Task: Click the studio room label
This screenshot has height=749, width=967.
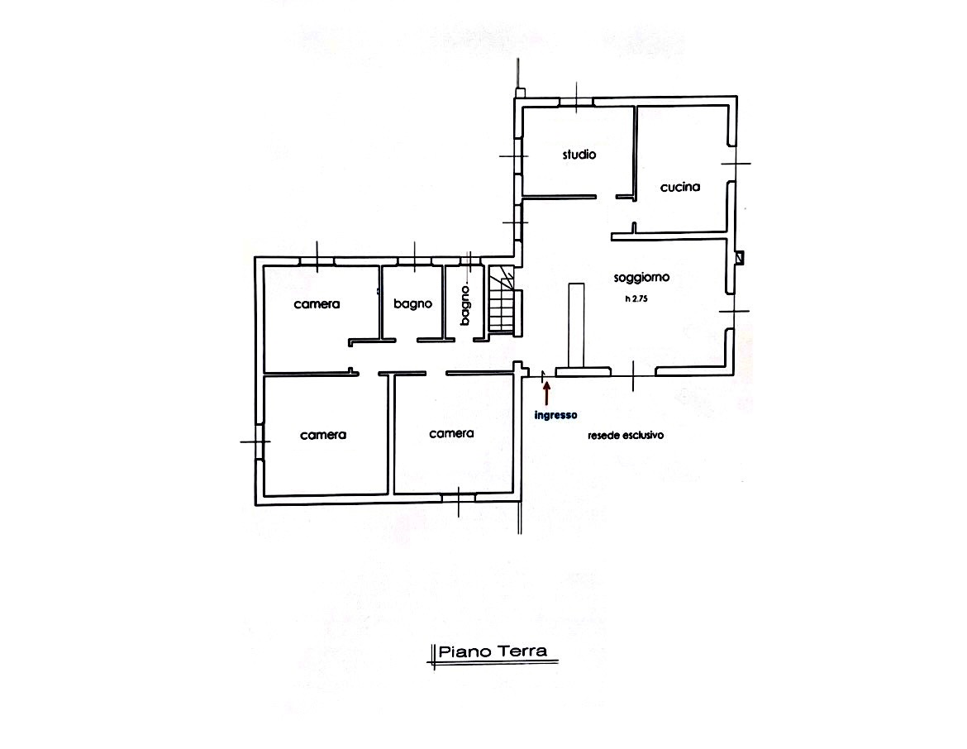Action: tap(579, 155)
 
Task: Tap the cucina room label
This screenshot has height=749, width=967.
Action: tap(679, 187)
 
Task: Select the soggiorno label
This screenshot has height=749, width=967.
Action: tap(641, 278)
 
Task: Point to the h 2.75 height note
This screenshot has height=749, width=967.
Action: tap(636, 299)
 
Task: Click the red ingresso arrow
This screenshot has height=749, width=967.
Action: tap(546, 393)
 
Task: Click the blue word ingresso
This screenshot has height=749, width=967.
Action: tap(555, 415)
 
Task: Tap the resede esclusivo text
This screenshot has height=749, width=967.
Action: tap(626, 436)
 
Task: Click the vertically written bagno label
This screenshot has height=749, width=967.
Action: tap(465, 305)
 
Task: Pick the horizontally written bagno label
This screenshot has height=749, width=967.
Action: tap(412, 303)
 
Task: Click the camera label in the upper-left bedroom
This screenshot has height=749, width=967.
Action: tap(317, 304)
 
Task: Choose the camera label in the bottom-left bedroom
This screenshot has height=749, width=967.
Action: tap(323, 435)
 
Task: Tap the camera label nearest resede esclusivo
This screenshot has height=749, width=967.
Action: tap(451, 434)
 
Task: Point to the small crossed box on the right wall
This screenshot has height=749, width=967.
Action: tap(740, 257)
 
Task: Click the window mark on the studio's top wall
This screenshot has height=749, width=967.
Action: tap(576, 98)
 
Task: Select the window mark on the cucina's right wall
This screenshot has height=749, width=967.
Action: tap(736, 164)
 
